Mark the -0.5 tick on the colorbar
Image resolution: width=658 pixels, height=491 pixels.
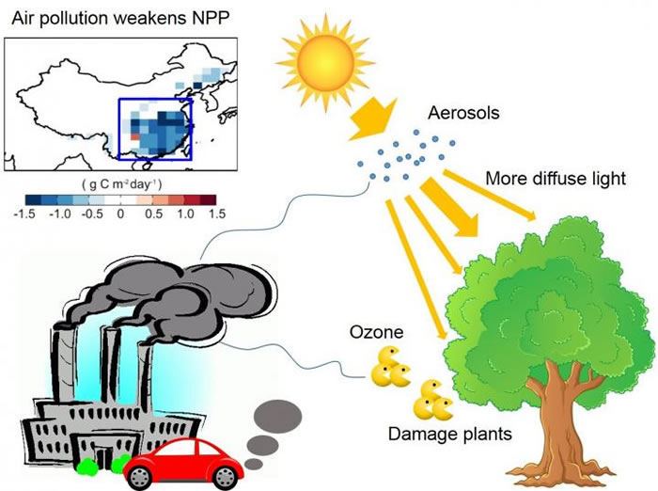(90, 214)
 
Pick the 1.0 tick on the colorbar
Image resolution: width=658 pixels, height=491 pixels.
(184, 214)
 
